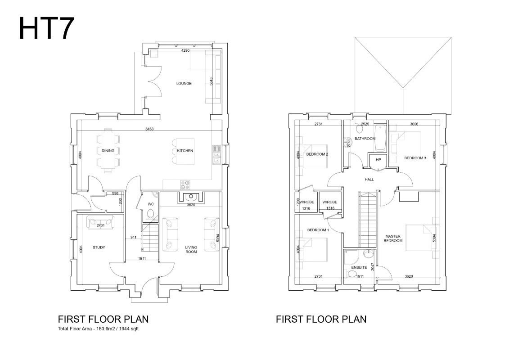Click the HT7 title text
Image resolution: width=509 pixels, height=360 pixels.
tap(47, 28)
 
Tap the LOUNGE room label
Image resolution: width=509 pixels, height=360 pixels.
tap(184, 83)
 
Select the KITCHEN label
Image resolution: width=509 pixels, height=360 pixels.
tap(185, 151)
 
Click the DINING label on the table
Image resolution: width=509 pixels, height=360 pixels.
tap(108, 151)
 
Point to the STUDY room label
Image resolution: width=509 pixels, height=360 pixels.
tap(99, 247)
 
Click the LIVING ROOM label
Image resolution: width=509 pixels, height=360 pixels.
tap(191, 249)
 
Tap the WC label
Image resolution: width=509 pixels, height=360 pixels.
tap(151, 204)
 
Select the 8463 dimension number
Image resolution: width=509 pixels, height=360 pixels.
tap(149, 129)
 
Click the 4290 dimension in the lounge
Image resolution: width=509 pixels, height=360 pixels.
tap(185, 51)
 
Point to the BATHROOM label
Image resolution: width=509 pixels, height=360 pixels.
tap(365, 139)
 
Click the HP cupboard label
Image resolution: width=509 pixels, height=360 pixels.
tap(378, 160)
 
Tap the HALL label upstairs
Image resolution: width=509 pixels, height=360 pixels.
tap(369, 179)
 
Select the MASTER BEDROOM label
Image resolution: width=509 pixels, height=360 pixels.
tap(393, 238)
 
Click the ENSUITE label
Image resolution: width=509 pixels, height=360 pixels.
tap(359, 267)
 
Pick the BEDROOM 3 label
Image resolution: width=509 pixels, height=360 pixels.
tap(415, 158)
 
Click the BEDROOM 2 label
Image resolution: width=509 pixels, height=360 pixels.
tap(317, 154)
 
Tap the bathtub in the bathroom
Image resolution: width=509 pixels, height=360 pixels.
tap(380, 138)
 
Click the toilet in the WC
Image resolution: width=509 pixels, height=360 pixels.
tap(150, 214)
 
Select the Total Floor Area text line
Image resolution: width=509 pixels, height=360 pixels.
tap(99, 328)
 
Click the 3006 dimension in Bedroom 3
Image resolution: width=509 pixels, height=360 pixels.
tap(414, 124)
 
